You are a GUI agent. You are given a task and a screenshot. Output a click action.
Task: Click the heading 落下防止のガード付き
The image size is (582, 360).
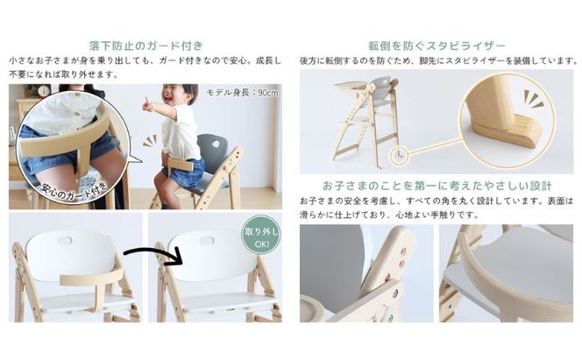coord(145,45)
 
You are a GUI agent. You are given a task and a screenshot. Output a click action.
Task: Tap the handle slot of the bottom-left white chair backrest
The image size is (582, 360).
coord(65,239)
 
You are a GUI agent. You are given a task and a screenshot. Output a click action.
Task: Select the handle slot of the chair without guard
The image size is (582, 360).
coord(206,240)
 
